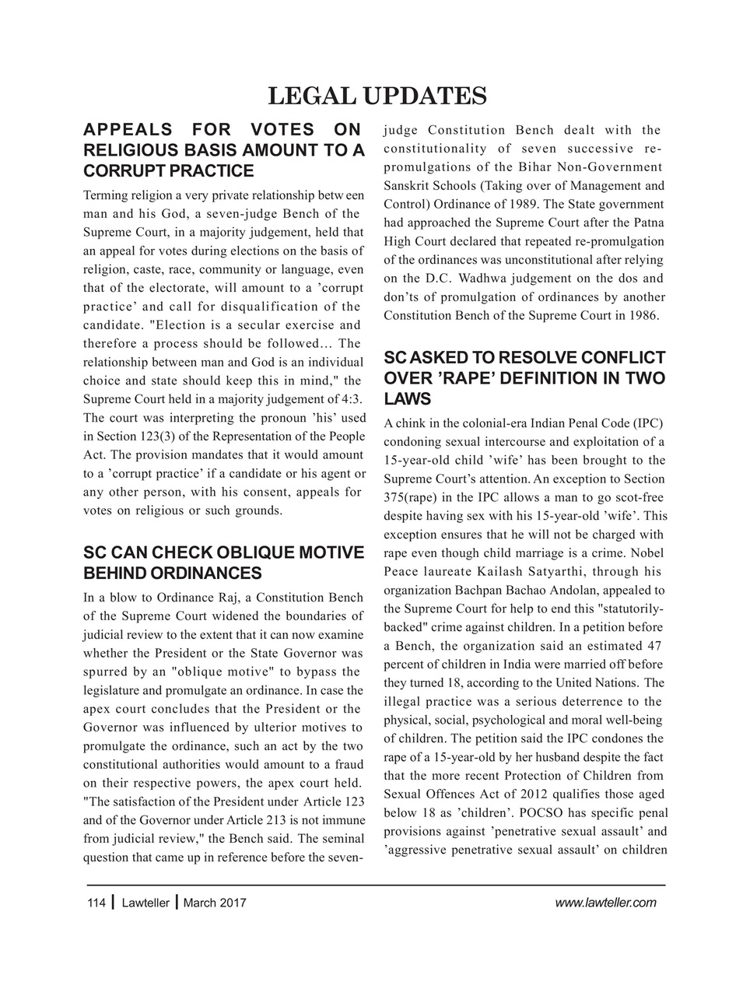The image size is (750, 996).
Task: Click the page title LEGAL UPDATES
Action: click(x=377, y=96)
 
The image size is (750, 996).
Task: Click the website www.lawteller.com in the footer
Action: click(x=606, y=903)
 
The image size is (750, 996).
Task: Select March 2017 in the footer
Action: click(x=215, y=903)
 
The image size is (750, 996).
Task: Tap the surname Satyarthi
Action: click(x=559, y=572)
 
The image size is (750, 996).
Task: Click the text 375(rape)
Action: click(x=415, y=497)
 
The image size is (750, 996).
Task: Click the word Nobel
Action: click(x=647, y=553)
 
